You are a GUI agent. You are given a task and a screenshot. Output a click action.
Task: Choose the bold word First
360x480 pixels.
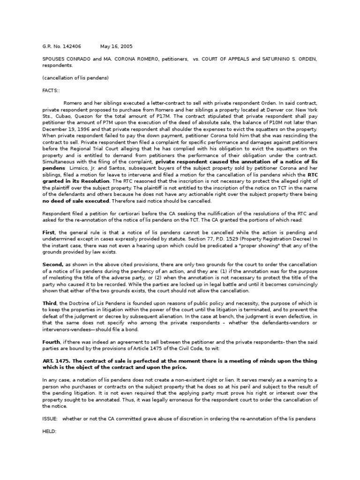coord(49,232)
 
